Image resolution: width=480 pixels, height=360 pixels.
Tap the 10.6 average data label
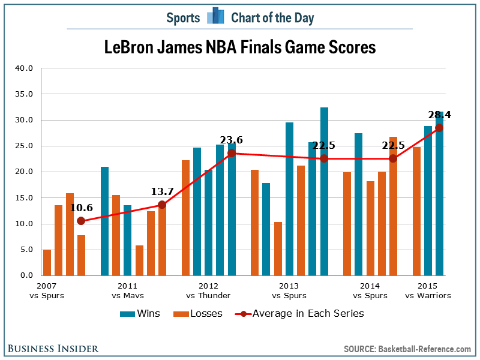pyautogui.click(x=82, y=208)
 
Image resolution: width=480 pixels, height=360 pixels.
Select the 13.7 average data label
pyautogui.click(x=161, y=191)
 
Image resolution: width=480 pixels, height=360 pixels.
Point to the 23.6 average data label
pyautogui.click(x=231, y=140)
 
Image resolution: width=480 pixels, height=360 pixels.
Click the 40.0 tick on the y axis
pyautogui.click(x=24, y=68)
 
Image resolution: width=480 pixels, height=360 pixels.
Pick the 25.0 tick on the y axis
pyautogui.click(x=24, y=146)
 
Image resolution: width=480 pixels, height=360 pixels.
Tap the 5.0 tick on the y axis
pyautogui.click(x=26, y=250)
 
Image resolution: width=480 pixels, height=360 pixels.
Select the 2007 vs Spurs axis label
pyautogui.click(x=50, y=291)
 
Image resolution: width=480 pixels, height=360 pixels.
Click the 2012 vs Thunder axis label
pyautogui.click(x=208, y=291)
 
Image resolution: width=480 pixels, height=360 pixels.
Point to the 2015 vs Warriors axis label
pyautogui.click(x=428, y=291)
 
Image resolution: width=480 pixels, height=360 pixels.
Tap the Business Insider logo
pyautogui.click(x=53, y=349)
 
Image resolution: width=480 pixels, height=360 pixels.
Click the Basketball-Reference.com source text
pyautogui.click(x=424, y=349)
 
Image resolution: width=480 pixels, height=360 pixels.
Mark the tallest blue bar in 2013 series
pyautogui.click(x=324, y=191)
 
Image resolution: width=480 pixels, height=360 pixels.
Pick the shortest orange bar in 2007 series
pyautogui.click(x=47, y=262)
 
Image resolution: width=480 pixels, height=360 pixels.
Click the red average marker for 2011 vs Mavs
pyautogui.click(x=161, y=205)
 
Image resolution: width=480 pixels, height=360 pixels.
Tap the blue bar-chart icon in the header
pyautogui.click(x=215, y=17)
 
